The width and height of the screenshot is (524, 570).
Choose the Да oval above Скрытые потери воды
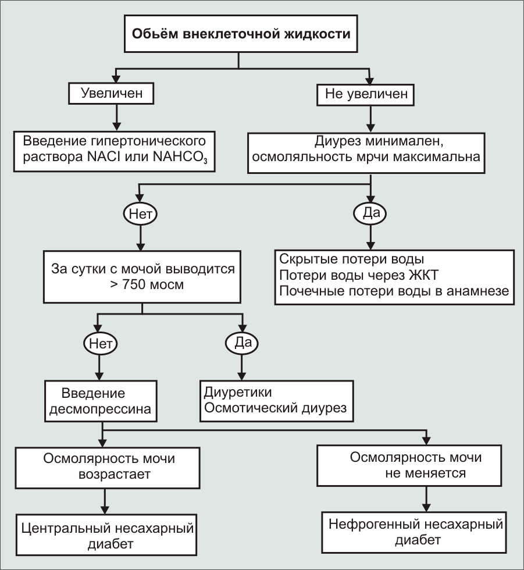[370, 213]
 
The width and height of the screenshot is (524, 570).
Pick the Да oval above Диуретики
[242, 343]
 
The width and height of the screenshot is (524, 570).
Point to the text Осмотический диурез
[275, 408]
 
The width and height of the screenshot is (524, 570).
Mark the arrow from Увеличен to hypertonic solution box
[117, 116]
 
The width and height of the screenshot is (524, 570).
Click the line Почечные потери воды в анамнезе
[394, 291]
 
